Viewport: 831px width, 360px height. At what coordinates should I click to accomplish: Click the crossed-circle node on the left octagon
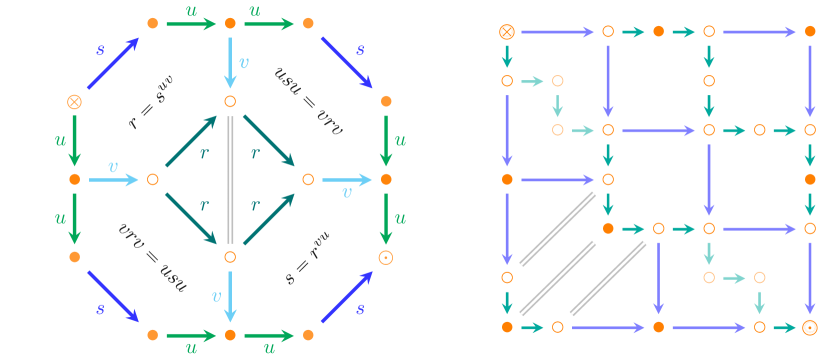pos(74,101)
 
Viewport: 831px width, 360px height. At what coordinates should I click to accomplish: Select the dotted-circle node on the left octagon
pos(386,257)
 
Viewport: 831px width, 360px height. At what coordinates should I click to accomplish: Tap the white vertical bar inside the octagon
pos(230,180)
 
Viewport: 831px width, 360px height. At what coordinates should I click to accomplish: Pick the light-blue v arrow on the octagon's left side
pos(113,180)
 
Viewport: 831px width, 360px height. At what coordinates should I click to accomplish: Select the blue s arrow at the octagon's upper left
pos(113,62)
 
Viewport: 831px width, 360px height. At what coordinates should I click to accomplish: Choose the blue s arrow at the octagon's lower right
pos(347,297)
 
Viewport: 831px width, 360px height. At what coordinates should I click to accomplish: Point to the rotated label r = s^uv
pos(152,102)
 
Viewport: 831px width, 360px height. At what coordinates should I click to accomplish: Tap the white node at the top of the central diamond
pos(230,101)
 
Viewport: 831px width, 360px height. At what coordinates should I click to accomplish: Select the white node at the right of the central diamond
pos(308,179)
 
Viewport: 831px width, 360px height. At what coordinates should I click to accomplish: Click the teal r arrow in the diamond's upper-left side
pos(191,141)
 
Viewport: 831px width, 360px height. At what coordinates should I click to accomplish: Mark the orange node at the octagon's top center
pos(230,23)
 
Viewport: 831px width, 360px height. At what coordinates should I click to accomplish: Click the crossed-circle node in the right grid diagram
pos(507,31)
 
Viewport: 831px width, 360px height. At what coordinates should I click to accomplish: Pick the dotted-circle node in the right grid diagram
pos(810,327)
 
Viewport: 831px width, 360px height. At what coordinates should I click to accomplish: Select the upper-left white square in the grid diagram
pos(559,111)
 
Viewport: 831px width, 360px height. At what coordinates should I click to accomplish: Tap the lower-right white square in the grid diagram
pos(726,278)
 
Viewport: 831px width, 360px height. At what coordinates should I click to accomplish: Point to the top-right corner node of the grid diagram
pos(810,31)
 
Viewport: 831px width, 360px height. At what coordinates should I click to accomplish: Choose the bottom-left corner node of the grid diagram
pos(507,327)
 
